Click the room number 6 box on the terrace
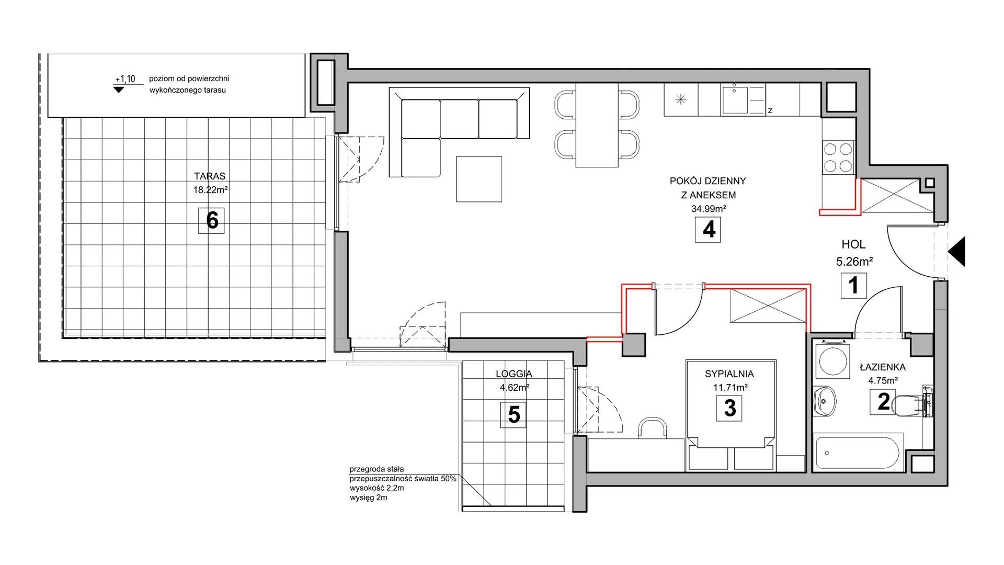coord(211,220)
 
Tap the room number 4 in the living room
coord(708,229)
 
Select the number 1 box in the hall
coord(853,286)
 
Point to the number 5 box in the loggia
coord(514,415)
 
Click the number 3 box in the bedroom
coord(729,408)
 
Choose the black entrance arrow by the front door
coord(956,252)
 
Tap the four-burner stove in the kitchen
coord(838,158)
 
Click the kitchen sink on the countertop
coord(735,99)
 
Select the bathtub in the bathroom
coord(859,452)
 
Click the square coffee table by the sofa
coord(479,179)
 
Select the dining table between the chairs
coord(597,125)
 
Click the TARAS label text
coord(210,176)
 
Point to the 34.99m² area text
coord(709,208)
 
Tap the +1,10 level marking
coord(125,79)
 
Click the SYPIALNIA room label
coord(729,374)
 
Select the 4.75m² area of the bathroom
coord(883,381)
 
